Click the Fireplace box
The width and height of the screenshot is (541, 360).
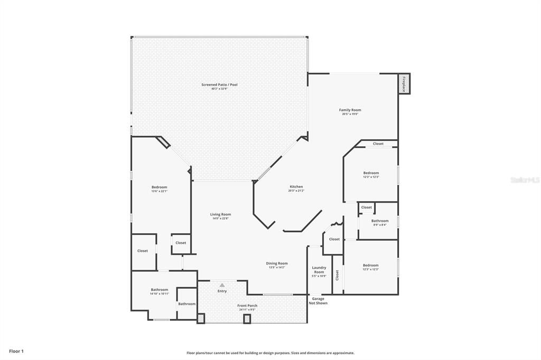tap(404, 84)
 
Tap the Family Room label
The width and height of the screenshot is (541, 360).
tap(350, 110)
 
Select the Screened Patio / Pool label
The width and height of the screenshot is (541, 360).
tap(219, 84)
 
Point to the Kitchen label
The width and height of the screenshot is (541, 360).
tap(296, 187)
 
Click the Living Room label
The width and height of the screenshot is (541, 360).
tap(220, 214)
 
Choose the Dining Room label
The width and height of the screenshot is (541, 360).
tap(277, 263)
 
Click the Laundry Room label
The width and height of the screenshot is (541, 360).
tap(319, 270)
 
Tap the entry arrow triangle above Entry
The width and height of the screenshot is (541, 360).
tap(222, 285)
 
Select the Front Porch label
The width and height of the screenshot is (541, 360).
tap(247, 306)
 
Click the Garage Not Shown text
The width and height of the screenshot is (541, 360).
tap(318, 301)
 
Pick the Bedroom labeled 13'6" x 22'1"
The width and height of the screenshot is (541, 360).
tap(159, 187)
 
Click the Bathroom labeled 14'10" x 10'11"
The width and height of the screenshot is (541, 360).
tap(159, 289)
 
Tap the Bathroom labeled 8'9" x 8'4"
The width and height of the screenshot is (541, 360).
tap(379, 221)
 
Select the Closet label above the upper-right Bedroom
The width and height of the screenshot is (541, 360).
tap(378, 144)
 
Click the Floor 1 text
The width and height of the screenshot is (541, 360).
tap(16, 351)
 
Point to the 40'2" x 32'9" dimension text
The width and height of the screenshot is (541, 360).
tap(219, 89)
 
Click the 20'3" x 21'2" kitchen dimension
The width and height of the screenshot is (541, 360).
tap(296, 191)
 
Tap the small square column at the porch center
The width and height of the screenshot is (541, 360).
tap(247, 319)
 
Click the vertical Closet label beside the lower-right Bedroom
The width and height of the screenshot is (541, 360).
tap(337, 275)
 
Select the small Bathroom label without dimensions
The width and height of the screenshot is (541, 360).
tap(186, 304)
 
